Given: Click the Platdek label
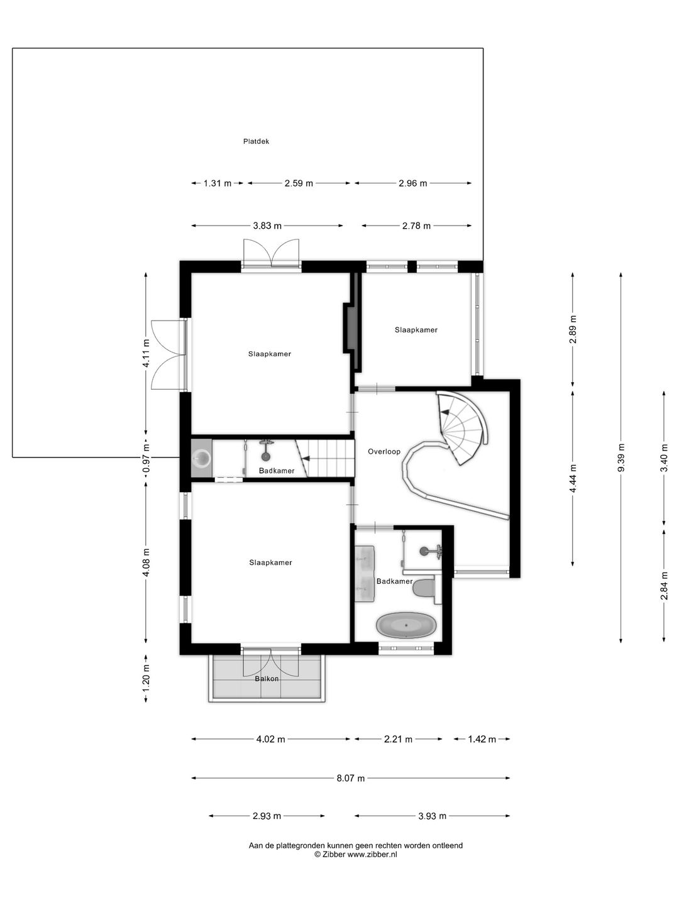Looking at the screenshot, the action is (256, 141).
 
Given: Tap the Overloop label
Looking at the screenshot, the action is (384, 451).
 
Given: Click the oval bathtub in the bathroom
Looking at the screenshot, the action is (407, 625).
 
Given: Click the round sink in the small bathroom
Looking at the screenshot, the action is (202, 458).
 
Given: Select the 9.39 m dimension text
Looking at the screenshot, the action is (621, 458).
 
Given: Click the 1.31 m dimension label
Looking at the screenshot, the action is (218, 184).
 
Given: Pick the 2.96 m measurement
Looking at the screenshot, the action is (412, 184).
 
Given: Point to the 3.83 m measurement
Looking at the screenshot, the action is (267, 226).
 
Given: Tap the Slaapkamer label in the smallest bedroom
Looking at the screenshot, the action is (416, 330).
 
